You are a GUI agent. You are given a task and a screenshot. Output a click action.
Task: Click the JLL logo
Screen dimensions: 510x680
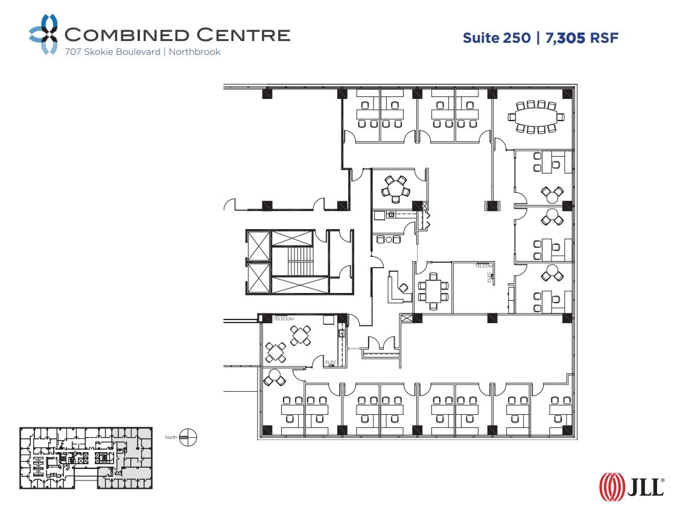[x=631, y=486]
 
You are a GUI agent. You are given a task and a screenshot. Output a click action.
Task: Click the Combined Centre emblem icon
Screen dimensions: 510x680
[x=44, y=34]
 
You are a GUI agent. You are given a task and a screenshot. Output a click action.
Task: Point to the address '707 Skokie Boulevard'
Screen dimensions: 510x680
[x=113, y=52]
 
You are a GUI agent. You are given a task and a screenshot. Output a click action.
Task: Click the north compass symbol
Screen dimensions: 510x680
[x=188, y=437]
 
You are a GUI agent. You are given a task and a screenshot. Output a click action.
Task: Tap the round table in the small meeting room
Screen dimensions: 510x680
[x=395, y=189]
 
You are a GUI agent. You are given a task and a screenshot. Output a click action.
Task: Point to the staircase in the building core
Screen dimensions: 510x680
[x=299, y=261]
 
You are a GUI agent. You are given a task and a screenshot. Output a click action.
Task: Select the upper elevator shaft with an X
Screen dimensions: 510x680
[x=259, y=245]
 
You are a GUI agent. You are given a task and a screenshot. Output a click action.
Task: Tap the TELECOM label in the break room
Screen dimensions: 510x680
[x=284, y=318]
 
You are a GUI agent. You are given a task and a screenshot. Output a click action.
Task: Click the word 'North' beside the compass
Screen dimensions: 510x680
[x=171, y=437]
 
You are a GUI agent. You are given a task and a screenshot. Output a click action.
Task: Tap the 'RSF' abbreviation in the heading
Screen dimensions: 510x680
[x=605, y=38]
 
